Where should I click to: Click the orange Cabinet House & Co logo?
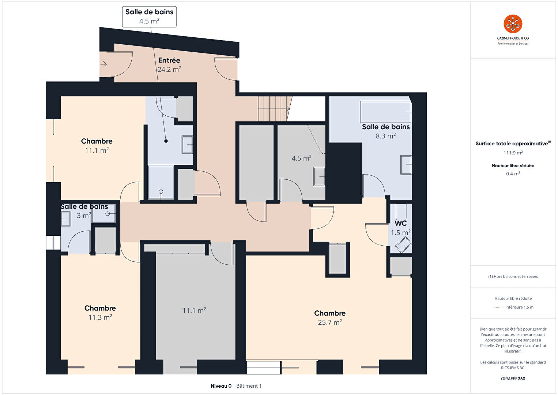(513, 24)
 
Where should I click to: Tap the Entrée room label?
(169, 60)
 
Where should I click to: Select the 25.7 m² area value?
(330, 323)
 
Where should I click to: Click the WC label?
(400, 223)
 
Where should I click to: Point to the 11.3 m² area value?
(100, 317)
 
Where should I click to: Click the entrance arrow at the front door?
(103, 64)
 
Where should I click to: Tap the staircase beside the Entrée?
(275, 109)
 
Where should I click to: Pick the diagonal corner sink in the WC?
(403, 245)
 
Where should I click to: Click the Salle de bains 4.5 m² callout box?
(149, 17)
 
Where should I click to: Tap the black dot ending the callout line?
(166, 141)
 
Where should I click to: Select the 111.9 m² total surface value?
(513, 153)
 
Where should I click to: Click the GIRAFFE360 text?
(513, 379)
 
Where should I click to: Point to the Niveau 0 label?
(221, 386)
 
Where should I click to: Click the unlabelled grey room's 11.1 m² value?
(194, 310)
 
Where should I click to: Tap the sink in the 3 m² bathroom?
(65, 219)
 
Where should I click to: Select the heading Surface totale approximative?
(512, 144)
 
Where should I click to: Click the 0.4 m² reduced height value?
(513, 174)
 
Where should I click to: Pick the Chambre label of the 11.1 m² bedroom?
(97, 141)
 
